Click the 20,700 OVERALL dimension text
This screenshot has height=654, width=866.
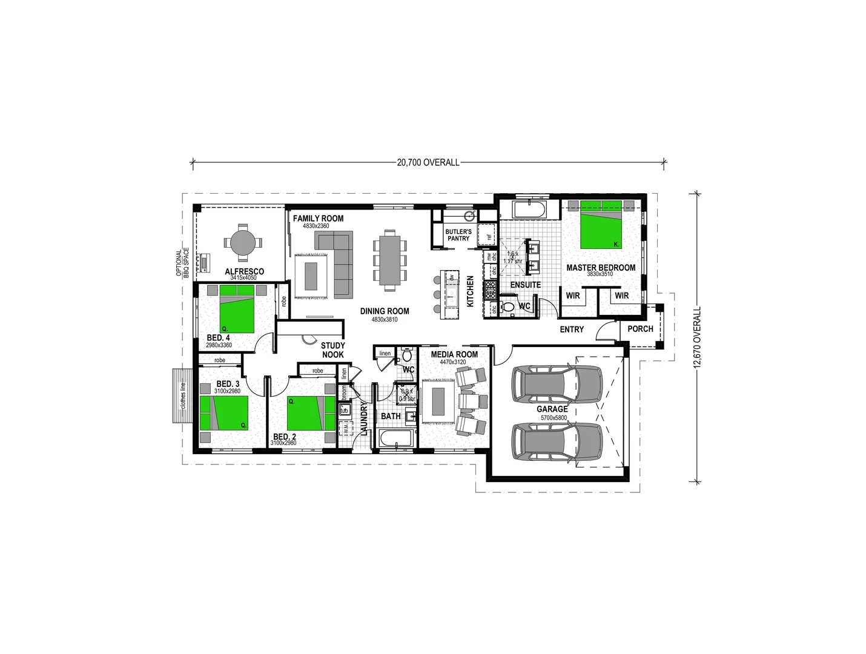click(x=428, y=162)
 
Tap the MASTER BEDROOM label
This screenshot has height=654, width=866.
click(x=600, y=268)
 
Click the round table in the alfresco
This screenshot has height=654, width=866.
click(x=242, y=243)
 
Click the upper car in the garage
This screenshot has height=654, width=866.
click(x=557, y=385)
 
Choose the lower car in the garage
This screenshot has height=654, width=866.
click(x=557, y=444)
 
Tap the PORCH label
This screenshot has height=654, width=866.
click(x=640, y=329)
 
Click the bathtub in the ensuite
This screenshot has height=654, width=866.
click(x=528, y=211)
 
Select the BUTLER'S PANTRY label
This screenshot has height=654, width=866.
click(x=458, y=235)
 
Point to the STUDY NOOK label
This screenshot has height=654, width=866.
click(x=332, y=350)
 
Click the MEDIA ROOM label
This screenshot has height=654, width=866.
click(x=454, y=354)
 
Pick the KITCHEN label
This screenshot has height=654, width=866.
click(x=470, y=291)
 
